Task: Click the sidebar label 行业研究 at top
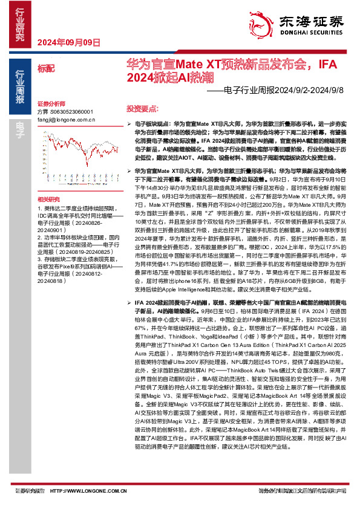[20, 24]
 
